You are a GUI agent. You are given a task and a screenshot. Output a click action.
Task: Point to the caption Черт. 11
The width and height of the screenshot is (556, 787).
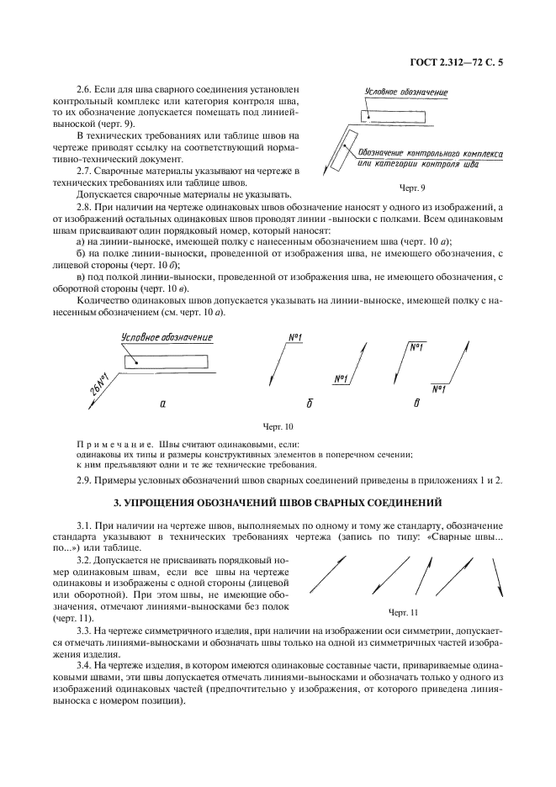point(403,611)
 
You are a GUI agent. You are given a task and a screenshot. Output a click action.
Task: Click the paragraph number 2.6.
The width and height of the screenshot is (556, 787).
point(85,88)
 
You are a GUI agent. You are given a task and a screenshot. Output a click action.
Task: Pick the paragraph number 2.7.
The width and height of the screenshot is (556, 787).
point(85,171)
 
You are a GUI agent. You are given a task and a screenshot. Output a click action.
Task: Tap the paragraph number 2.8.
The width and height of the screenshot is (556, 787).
point(85,207)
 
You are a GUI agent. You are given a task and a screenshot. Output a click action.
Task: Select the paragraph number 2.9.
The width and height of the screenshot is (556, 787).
point(85,479)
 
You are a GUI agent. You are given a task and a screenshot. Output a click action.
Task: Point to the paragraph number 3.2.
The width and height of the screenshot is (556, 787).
point(85,560)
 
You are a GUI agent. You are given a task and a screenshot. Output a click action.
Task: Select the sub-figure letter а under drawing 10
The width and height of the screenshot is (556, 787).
point(162,404)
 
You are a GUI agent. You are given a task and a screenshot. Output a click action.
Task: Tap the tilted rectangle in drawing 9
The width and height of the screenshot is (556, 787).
point(340,153)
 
